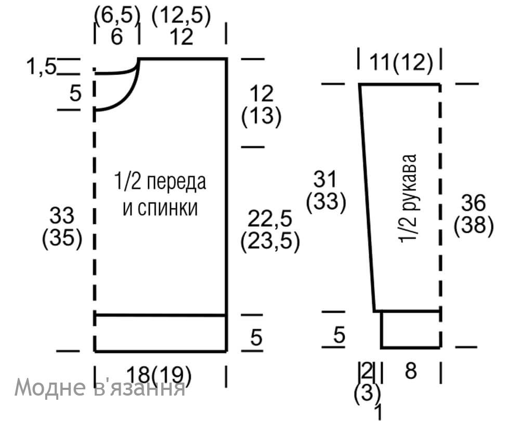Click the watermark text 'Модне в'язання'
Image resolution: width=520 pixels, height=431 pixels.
coord(99,387)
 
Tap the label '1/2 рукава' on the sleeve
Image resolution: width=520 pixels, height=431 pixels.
coord(408,198)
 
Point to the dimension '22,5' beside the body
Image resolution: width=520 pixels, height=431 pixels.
coord(270,218)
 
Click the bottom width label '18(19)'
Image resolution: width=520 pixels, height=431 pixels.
coord(159,375)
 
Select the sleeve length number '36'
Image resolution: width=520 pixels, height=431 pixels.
coord(473,202)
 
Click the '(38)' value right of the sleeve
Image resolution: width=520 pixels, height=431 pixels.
coord(474,225)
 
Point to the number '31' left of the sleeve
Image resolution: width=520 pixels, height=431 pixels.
coord(325,179)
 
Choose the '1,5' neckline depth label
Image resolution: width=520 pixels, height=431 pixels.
coord(41,67)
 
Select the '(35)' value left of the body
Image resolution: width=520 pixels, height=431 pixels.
coord(62,238)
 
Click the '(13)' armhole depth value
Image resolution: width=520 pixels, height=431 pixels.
coord(262,116)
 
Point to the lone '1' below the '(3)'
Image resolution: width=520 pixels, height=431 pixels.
coord(379,412)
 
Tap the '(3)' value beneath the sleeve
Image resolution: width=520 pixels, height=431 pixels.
coord(368,393)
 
